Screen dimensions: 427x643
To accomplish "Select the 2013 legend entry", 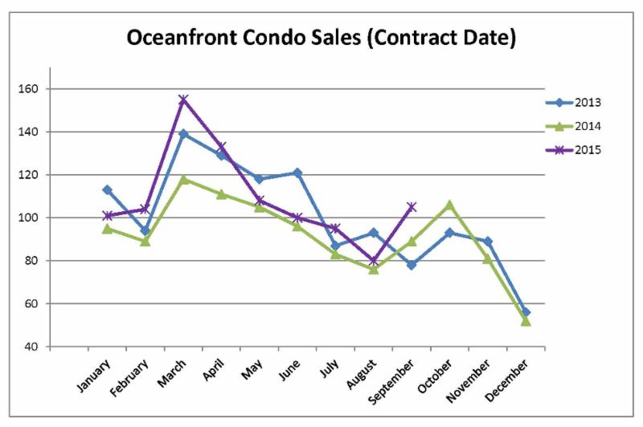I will tap(588, 102).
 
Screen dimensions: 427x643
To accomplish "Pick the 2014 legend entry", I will tap(588, 126).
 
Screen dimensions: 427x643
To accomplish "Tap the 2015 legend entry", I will tap(588, 150).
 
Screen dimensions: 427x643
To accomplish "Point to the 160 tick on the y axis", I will tap(35, 89).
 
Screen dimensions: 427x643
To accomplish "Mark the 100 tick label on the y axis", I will tap(35, 218).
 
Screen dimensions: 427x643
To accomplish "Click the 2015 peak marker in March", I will tap(183, 100).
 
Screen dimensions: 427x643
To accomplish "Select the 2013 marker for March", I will tap(183, 134).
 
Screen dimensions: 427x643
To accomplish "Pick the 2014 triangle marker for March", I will tap(183, 179).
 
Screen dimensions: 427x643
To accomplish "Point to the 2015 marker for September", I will tap(412, 207).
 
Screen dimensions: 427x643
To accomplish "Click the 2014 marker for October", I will tap(449, 205).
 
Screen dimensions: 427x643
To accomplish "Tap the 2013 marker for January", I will tap(107, 190).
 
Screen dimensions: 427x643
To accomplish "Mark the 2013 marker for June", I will tap(297, 173).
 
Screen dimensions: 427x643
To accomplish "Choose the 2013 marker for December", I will tap(526, 312).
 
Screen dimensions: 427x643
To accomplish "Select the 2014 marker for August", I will tap(374, 269).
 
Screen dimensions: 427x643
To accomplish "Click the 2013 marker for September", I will tap(412, 265).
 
